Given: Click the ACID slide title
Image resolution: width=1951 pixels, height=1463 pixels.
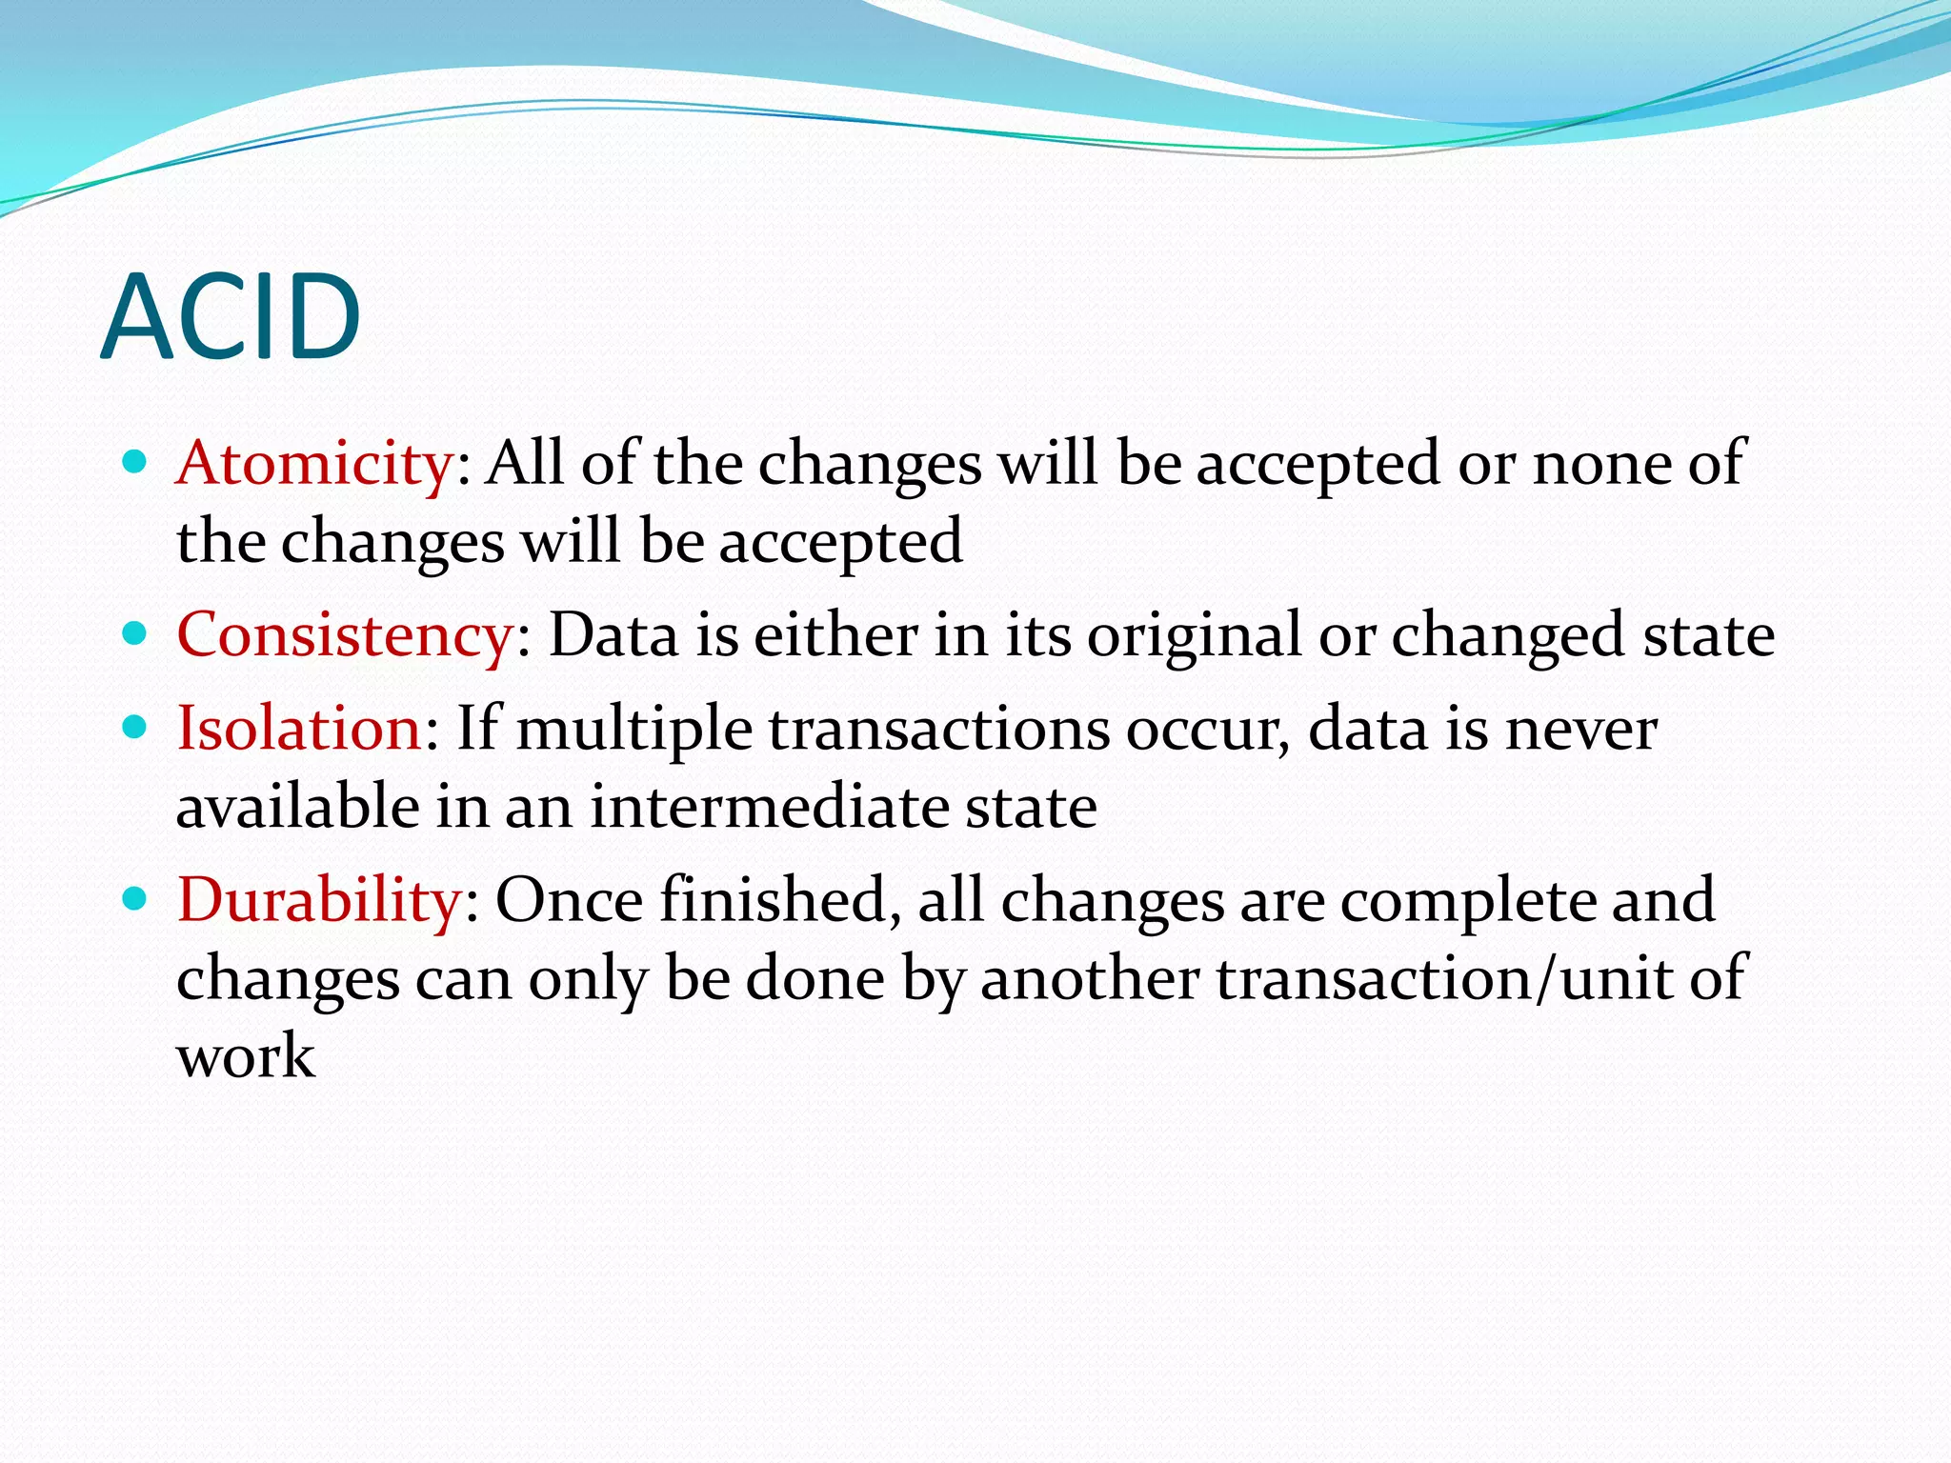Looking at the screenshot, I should [x=231, y=316].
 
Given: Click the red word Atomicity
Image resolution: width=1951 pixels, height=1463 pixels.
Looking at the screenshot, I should [x=315, y=465].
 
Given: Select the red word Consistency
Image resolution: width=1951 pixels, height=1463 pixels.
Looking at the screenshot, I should [x=345, y=635].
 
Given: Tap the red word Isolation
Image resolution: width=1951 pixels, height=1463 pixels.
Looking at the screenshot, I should [x=299, y=730].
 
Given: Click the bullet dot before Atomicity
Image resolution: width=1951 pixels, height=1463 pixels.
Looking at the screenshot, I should [x=135, y=463].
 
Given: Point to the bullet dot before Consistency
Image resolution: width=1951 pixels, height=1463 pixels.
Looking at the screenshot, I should [x=135, y=633].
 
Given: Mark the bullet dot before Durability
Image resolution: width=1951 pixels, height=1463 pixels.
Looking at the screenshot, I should [x=135, y=898].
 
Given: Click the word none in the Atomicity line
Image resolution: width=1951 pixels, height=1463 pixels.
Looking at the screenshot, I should [x=1600, y=465].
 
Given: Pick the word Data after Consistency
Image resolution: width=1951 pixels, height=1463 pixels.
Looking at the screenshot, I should [x=613, y=635].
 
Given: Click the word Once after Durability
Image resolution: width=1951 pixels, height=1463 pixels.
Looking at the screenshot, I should [x=569, y=900].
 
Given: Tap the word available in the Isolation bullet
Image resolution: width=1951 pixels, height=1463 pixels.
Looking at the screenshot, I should [x=298, y=808].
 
